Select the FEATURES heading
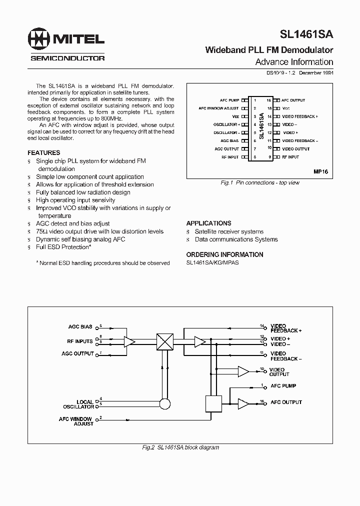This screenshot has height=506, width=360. tap(43, 152)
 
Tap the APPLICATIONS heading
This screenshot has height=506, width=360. tap(208, 223)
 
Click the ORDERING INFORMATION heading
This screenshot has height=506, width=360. tap(224, 254)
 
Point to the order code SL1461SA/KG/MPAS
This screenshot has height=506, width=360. tap(212, 262)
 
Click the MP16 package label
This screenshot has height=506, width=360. tap(320, 171)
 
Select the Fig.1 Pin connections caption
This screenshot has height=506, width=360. tap(259, 183)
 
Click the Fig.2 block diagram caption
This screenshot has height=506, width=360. tap(180, 447)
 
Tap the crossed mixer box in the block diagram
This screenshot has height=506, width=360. tap(164, 341)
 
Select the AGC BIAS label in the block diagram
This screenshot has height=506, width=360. tap(80, 327)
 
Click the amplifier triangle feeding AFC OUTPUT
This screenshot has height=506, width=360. tap(243, 402)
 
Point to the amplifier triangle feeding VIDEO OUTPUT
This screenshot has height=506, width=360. tap(243, 371)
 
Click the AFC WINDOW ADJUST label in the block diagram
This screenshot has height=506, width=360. tap(76, 421)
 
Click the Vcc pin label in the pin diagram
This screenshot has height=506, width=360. tap(286, 108)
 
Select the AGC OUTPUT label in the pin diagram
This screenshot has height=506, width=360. tap(226, 149)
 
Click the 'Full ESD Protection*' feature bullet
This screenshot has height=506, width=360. tap(63, 247)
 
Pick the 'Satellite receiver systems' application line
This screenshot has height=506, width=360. tap(229, 231)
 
